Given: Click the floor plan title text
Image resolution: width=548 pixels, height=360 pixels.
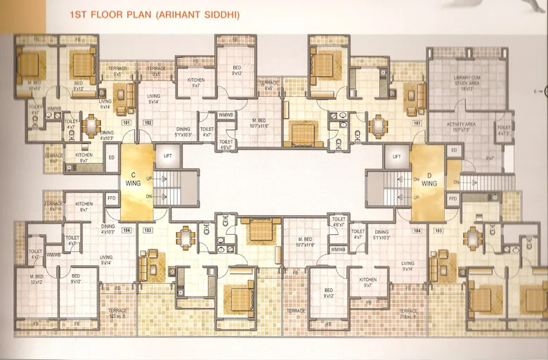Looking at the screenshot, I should pos(155,13).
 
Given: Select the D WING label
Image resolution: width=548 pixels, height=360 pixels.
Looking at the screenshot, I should pos(429,179).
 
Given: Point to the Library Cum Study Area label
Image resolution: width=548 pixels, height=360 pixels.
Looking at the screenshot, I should pos(461,86).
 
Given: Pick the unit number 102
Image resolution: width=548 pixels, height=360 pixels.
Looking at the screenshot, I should pos(148,122).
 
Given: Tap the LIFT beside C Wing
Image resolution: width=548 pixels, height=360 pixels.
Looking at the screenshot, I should pos(168,155).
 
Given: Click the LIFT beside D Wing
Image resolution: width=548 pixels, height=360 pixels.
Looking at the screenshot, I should pos(397,156).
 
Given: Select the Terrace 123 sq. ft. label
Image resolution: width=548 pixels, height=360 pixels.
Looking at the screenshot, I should pos(117,312).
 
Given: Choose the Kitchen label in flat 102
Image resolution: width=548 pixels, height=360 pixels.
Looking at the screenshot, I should pos(196,83).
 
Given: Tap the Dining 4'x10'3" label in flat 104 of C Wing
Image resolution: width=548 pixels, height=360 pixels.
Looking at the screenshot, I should pos(107,230).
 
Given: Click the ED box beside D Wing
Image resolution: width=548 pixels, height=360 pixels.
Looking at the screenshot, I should pos(453,150).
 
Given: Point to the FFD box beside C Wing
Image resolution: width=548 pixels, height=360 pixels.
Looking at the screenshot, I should pos(111,199).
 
